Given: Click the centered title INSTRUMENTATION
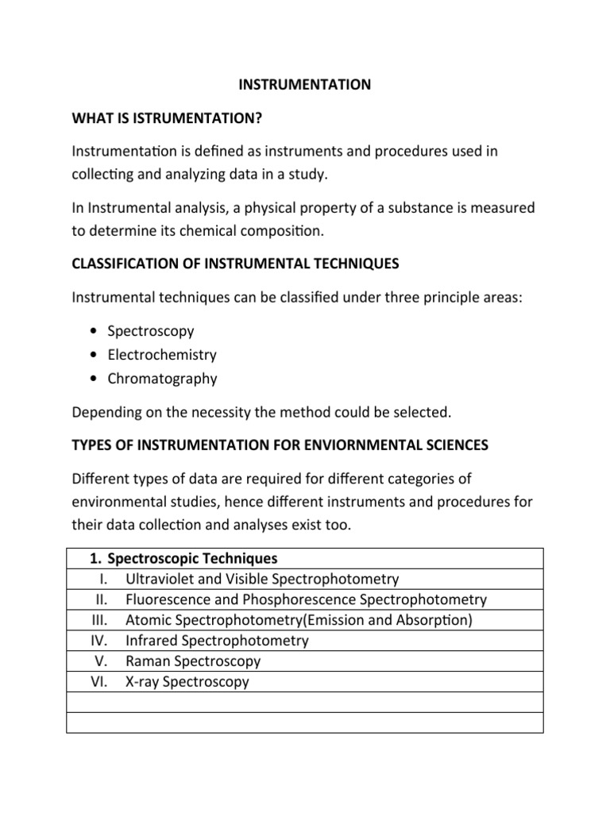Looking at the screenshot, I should [x=304, y=84].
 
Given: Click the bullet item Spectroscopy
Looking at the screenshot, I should [x=151, y=331].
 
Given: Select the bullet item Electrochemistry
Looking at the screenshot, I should [x=162, y=355].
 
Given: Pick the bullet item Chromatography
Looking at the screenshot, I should [x=162, y=379].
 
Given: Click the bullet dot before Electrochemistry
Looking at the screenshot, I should [x=95, y=355].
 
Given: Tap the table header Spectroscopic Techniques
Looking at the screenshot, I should [x=192, y=558].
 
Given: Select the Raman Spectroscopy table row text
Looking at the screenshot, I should [x=193, y=661].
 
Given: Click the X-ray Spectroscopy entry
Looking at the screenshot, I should [x=187, y=682].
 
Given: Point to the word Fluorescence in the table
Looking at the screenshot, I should [x=168, y=599].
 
